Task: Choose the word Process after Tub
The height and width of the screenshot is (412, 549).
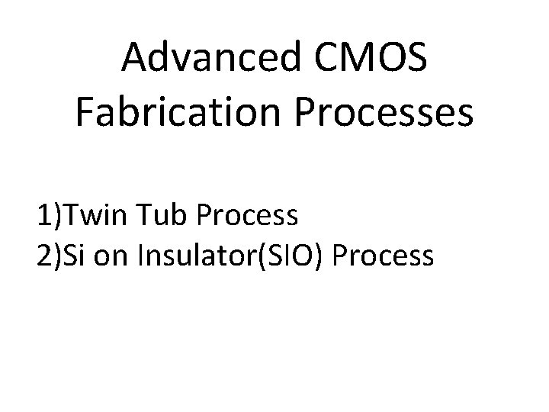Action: tap(246, 217)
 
